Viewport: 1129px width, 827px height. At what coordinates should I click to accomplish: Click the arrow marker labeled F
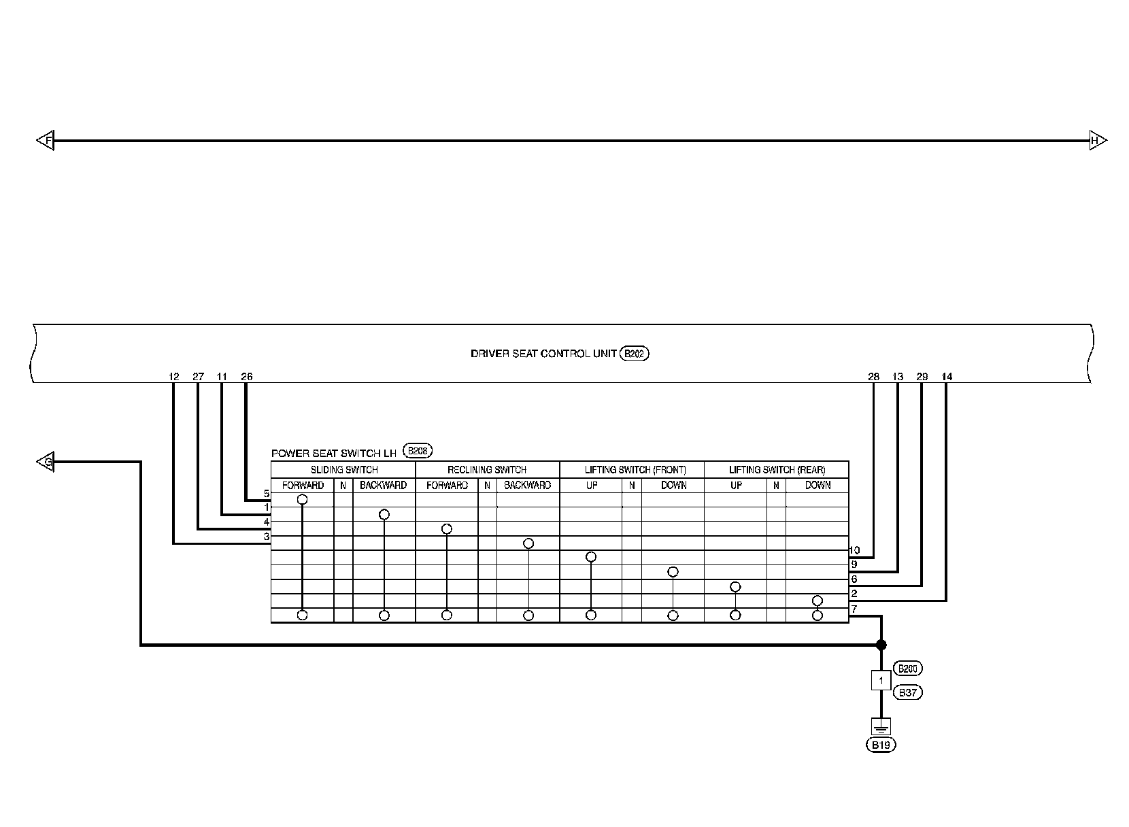pyautogui.click(x=46, y=141)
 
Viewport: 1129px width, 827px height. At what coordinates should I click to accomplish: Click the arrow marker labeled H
pyautogui.click(x=1097, y=141)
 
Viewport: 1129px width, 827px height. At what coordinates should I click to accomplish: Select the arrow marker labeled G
pyautogui.click(x=46, y=462)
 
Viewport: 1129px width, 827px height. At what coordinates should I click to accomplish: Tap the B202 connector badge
pyautogui.click(x=635, y=354)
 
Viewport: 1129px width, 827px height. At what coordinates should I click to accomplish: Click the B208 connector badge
pyautogui.click(x=418, y=450)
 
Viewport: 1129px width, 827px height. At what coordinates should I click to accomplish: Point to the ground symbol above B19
pyautogui.click(x=881, y=726)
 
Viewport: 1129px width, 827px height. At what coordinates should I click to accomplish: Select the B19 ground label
pyautogui.click(x=881, y=745)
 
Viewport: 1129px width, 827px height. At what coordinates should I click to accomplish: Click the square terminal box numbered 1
pyautogui.click(x=881, y=680)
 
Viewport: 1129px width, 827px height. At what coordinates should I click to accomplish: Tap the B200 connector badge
pyautogui.click(x=908, y=669)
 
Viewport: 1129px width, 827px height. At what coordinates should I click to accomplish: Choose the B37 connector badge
pyautogui.click(x=908, y=693)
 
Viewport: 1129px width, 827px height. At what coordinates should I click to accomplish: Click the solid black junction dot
pyautogui.click(x=881, y=645)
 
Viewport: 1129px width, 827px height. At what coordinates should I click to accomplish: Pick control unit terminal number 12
pyautogui.click(x=173, y=376)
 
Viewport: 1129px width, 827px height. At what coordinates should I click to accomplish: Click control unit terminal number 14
pyautogui.click(x=947, y=376)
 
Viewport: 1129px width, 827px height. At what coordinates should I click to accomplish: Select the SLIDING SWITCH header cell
pyautogui.click(x=343, y=469)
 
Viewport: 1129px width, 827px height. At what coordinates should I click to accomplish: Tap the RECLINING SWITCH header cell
pyautogui.click(x=487, y=469)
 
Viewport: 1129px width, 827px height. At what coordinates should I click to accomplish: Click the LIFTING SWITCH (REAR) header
pyautogui.click(x=777, y=469)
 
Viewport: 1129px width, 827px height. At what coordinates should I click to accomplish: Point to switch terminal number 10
pyautogui.click(x=855, y=550)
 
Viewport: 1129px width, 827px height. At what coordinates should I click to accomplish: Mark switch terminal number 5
pyautogui.click(x=267, y=494)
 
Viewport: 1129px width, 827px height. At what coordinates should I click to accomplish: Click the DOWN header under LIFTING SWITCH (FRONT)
pyautogui.click(x=673, y=486)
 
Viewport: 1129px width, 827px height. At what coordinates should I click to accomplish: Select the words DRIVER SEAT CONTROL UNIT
pyautogui.click(x=543, y=354)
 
